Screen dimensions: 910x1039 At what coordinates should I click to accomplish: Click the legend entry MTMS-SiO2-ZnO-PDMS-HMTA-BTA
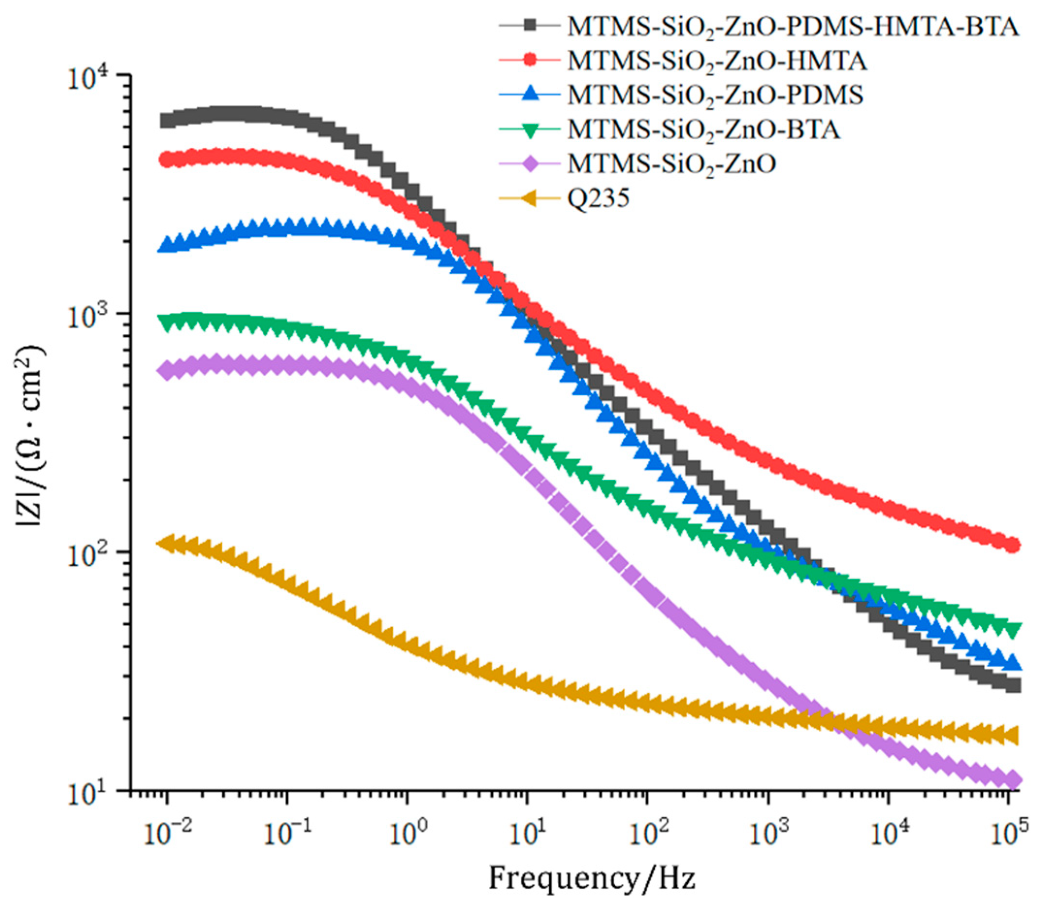point(793,27)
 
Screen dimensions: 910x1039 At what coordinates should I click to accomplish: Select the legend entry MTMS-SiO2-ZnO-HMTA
point(717,61)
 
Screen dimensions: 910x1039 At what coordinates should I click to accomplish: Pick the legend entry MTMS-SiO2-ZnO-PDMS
point(715,95)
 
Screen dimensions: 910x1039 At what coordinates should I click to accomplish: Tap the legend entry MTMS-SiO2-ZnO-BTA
point(704,129)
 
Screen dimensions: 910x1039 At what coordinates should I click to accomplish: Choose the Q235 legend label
point(598,198)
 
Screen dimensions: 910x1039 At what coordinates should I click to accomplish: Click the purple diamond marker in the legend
point(530,164)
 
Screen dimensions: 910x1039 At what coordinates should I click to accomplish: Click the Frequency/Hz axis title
point(591,878)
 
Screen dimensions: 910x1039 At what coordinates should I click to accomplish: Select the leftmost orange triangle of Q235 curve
point(164,543)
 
